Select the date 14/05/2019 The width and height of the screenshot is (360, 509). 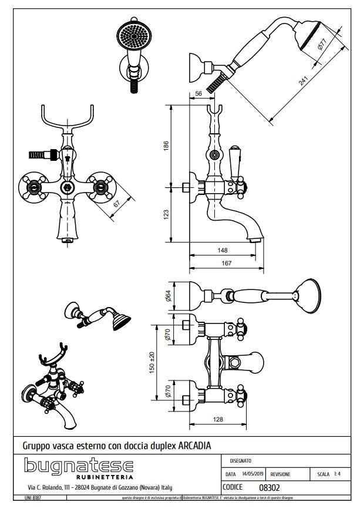pos(253,473)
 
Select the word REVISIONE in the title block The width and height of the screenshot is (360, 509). pos(281,473)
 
